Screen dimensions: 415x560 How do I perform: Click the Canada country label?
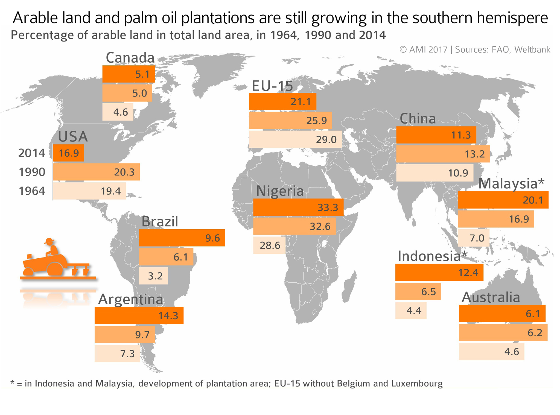point(130,58)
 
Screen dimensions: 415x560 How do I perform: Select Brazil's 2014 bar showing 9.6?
point(182,238)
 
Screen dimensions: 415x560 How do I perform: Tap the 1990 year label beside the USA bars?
point(32,172)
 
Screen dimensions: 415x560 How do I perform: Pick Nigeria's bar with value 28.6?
point(269,245)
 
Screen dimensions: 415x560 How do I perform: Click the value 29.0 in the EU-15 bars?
point(326,140)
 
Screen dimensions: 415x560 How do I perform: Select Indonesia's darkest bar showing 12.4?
point(439,272)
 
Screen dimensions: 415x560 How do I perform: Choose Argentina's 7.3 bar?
point(117,353)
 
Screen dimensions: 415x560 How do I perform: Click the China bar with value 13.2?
point(443,154)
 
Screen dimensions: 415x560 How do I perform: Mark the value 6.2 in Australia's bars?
point(535,333)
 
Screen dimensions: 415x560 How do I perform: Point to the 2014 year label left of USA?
point(32,153)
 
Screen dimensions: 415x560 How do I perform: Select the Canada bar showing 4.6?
point(118,112)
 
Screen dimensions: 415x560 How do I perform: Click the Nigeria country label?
point(280,191)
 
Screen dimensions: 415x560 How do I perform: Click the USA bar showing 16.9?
point(68,153)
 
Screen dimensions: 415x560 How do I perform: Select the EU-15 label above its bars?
point(272,86)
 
